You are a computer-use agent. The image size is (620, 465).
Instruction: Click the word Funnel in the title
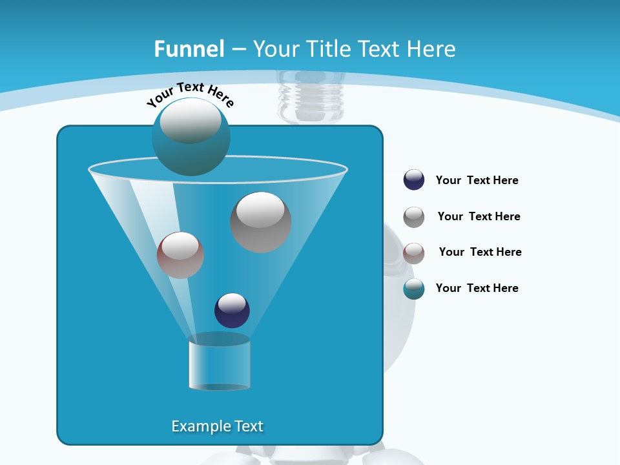point(189,49)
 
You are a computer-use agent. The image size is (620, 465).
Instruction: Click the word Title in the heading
point(328,49)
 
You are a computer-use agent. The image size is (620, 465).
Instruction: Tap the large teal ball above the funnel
point(191,136)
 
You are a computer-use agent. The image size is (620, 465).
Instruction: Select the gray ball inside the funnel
point(261,222)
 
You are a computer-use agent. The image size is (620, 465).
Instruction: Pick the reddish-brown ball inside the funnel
point(180,255)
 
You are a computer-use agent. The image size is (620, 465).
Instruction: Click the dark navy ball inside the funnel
point(232,311)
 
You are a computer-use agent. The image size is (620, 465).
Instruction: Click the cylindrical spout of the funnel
point(220,363)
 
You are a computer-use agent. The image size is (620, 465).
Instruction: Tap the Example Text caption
point(217,426)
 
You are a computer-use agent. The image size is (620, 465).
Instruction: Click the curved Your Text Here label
point(190,94)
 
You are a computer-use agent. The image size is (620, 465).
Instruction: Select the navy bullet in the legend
point(414,180)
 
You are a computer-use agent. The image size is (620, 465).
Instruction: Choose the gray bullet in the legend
point(414,217)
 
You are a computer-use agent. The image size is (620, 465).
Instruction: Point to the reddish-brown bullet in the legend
point(414,253)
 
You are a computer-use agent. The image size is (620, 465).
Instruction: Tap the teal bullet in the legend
point(414,289)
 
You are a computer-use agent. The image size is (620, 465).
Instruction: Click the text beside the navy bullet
point(477,181)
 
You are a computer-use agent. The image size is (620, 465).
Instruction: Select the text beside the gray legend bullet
point(479,217)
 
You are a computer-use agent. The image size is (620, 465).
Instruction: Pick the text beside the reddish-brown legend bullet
point(480,253)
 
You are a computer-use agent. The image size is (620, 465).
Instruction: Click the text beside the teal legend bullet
point(477,289)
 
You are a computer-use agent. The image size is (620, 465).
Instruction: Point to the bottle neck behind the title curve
point(311,97)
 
